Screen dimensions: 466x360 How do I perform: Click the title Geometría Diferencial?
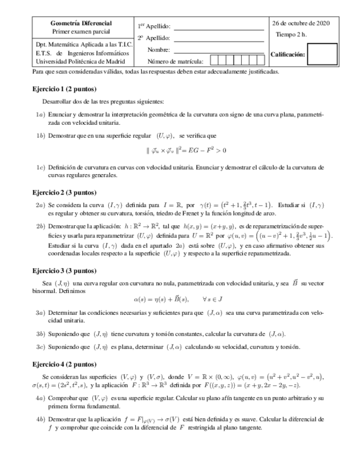[x=81, y=24]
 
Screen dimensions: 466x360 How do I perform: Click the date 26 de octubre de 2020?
[x=301, y=24]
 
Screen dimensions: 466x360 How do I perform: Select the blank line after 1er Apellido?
[x=219, y=27]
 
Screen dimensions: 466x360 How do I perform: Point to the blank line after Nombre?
[x=219, y=50]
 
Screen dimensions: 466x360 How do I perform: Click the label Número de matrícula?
[x=175, y=62]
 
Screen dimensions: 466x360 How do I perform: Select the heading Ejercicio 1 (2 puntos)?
[x=64, y=89]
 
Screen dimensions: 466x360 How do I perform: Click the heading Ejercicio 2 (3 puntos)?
[x=64, y=192]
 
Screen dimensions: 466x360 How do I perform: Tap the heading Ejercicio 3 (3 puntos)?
[x=64, y=270]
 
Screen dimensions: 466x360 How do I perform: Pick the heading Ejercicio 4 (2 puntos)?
[x=64, y=364]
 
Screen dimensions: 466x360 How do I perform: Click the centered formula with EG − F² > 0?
[x=186, y=150]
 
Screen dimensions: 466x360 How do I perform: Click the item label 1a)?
[x=40, y=115]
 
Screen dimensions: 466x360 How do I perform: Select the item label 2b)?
[x=40, y=226]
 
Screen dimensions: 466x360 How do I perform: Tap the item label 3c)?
[x=40, y=347]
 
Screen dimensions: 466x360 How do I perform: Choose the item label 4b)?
[x=40, y=419]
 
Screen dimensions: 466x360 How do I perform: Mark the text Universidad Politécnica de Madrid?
[x=82, y=62]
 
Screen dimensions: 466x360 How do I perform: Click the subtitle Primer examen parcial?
[x=81, y=32]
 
